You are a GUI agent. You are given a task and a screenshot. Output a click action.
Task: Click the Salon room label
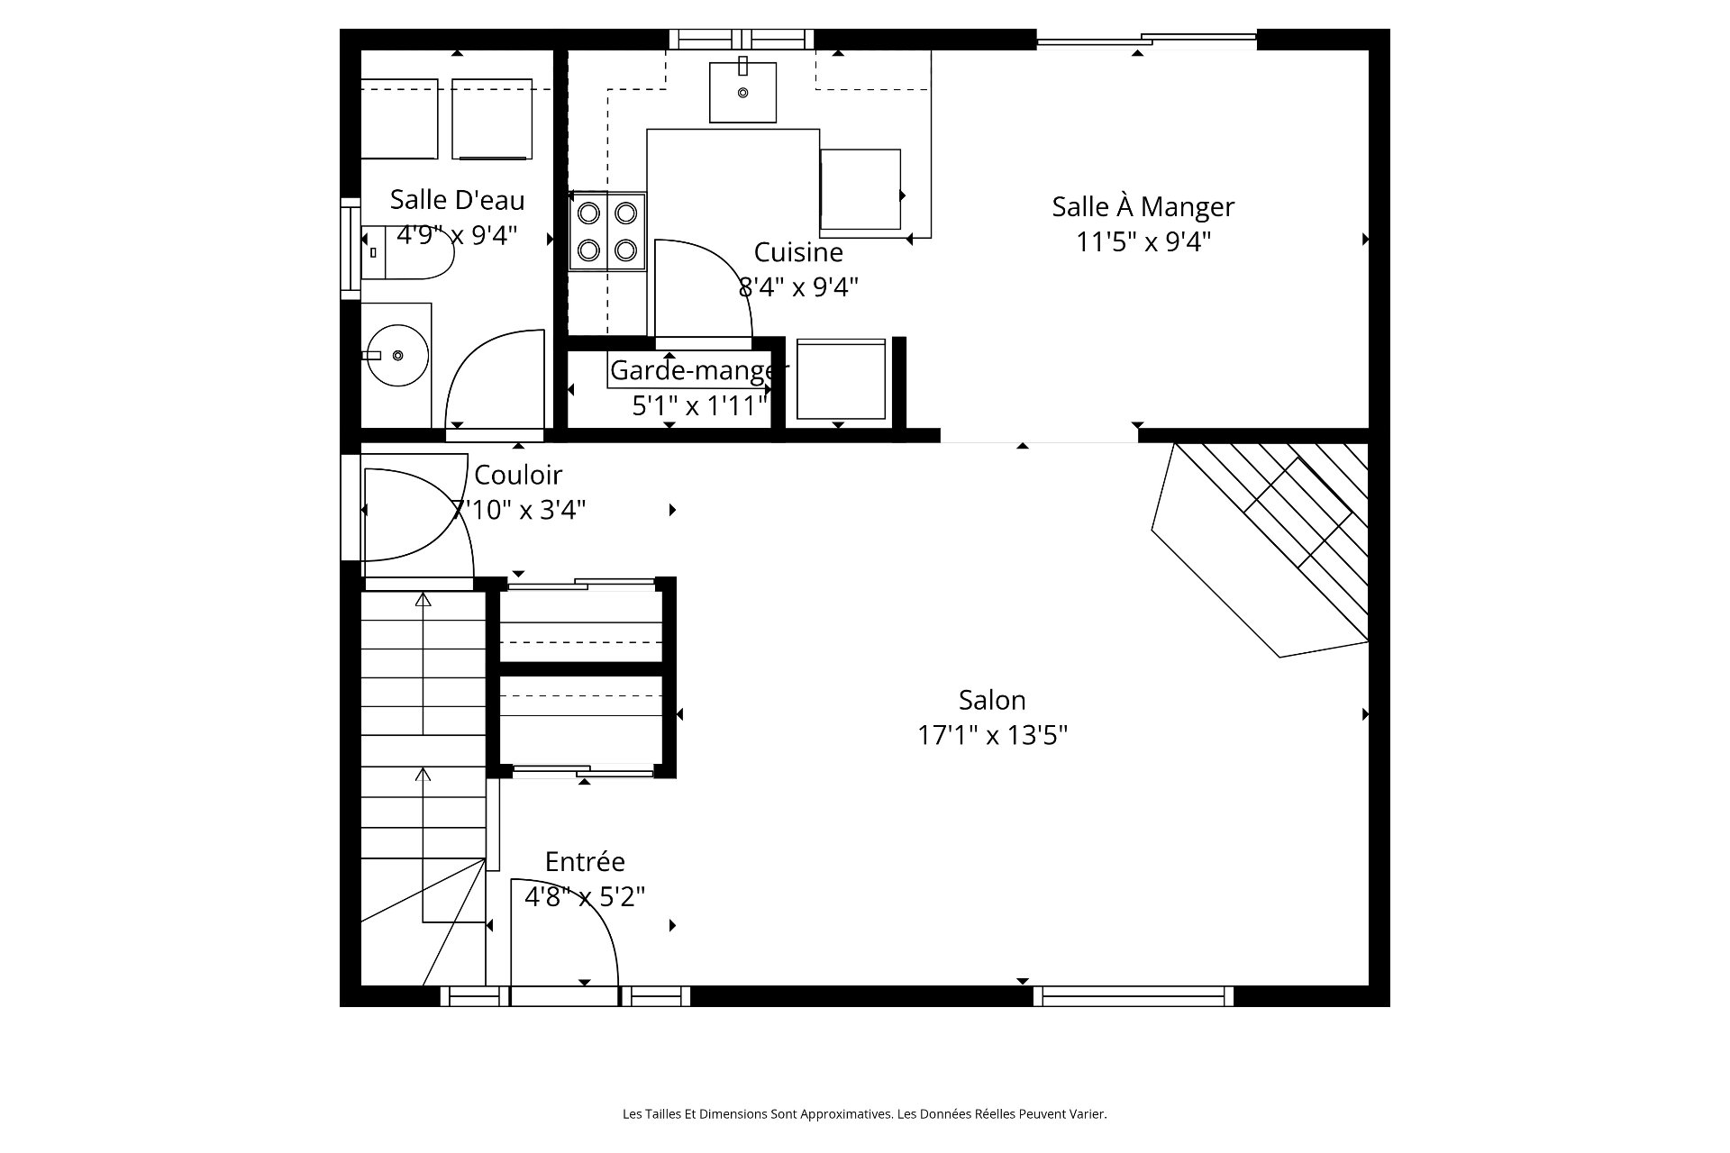(992, 700)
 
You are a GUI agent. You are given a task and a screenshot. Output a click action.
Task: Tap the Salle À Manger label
(1143, 206)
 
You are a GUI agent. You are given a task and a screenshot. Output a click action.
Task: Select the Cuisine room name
(798, 252)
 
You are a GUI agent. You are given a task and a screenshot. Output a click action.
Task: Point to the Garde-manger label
(699, 370)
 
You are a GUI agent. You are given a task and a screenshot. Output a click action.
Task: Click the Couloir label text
(518, 475)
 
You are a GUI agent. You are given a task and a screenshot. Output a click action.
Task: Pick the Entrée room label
(585, 862)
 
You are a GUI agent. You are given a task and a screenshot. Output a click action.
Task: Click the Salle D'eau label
(457, 200)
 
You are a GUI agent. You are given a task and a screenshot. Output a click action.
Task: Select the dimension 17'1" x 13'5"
(992, 736)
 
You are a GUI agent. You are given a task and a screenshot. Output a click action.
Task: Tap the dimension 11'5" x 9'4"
(1143, 242)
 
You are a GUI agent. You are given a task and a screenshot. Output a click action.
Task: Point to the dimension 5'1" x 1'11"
(699, 406)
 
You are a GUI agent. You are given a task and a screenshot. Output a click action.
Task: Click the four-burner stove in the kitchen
(607, 231)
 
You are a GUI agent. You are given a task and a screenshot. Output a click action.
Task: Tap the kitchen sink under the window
(742, 92)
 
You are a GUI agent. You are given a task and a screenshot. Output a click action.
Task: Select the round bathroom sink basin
(397, 355)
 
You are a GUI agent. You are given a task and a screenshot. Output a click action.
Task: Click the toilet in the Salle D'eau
(407, 252)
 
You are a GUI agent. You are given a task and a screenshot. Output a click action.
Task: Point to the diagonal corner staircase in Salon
(1261, 549)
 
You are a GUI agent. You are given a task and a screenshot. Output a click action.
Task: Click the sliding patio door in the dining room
(1146, 39)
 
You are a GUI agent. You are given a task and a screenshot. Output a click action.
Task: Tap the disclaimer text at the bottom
(864, 1114)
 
